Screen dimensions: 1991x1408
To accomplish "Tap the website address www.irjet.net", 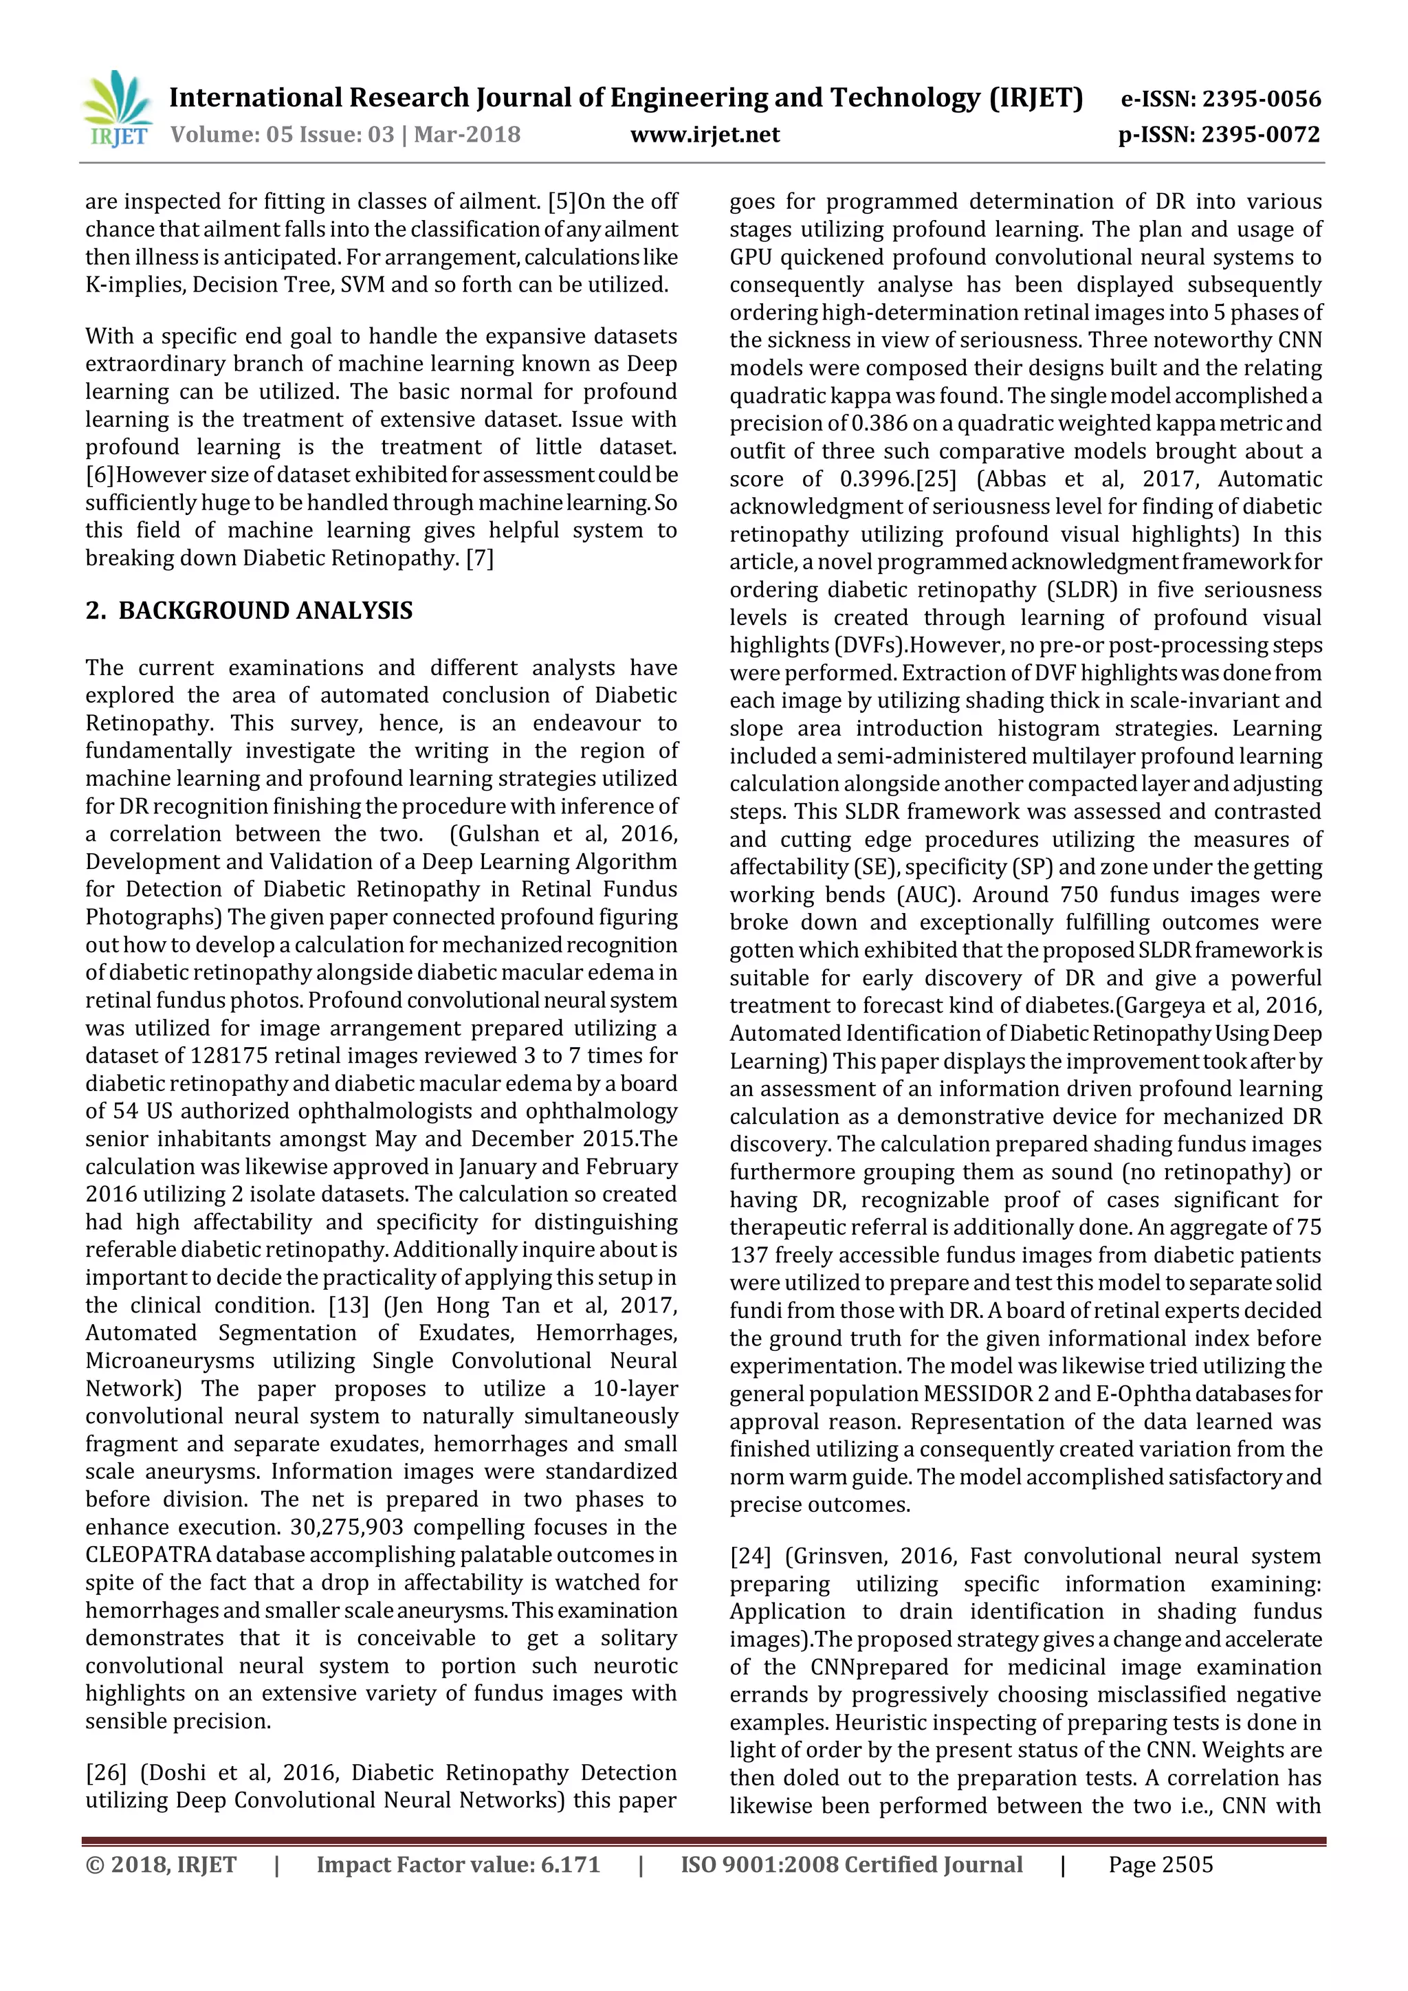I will (x=705, y=135).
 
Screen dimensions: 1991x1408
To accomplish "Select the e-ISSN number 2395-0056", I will (x=1261, y=99).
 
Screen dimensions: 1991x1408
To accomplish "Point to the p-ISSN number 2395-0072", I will (x=1261, y=135).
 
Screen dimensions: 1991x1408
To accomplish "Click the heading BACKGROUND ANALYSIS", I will (x=265, y=610).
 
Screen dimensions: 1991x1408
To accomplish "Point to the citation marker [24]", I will (x=750, y=1556).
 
